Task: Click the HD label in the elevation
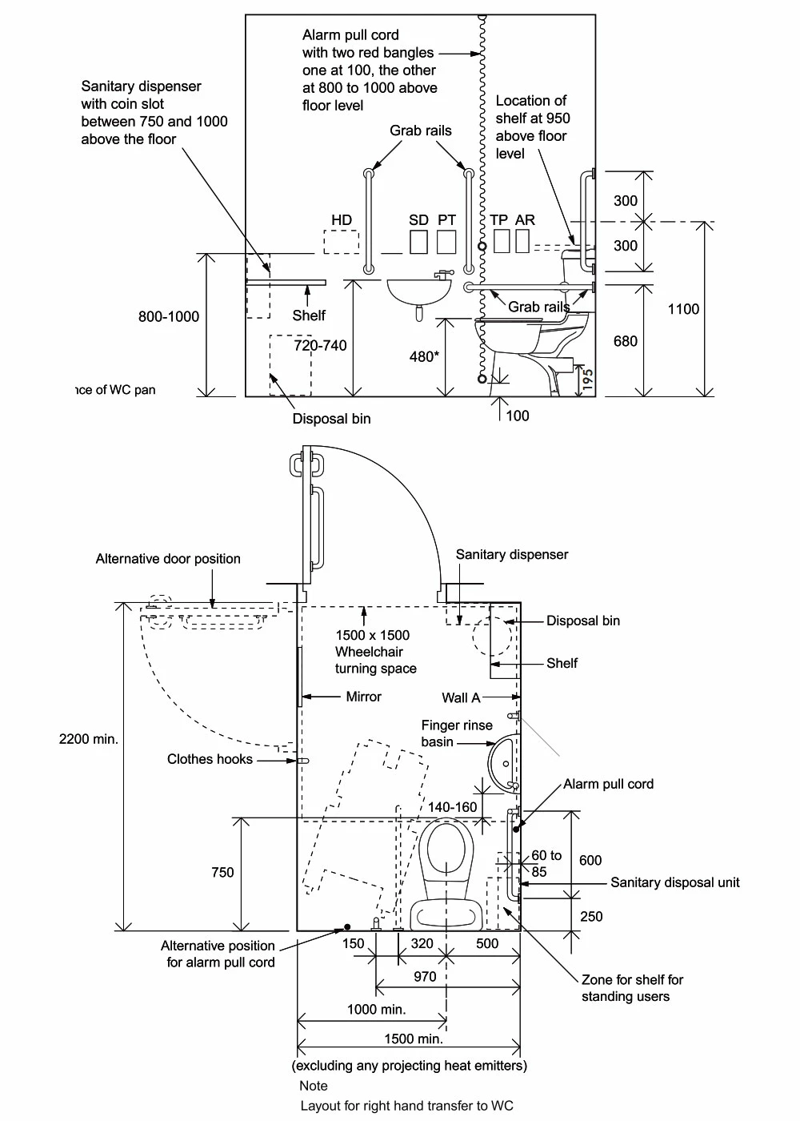tap(342, 220)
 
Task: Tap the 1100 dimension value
tap(683, 309)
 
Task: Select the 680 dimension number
tap(625, 341)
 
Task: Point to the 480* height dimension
tap(424, 356)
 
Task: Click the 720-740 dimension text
tap(320, 345)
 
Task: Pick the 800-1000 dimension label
tap(169, 316)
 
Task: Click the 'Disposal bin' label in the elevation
tap(331, 419)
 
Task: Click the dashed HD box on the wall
tap(341, 242)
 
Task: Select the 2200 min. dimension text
tap(89, 739)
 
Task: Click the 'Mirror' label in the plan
tap(363, 697)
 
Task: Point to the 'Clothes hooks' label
tap(210, 759)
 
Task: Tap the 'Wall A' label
tap(461, 697)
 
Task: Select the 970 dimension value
tap(425, 976)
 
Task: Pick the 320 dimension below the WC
tap(422, 943)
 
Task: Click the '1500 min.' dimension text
tap(413, 1039)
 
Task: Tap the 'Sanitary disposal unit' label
tap(674, 882)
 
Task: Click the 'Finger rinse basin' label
tap(456, 733)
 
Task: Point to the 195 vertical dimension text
tap(588, 378)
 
